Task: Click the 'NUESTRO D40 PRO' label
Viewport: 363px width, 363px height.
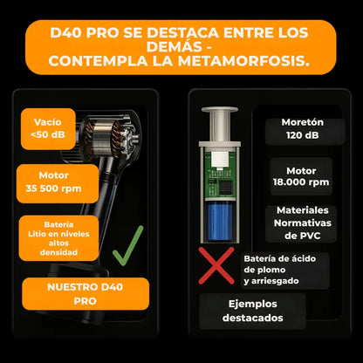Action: (86, 292)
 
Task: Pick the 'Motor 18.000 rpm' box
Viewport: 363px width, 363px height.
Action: (300, 176)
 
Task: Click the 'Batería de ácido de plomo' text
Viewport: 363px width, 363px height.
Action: (289, 270)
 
